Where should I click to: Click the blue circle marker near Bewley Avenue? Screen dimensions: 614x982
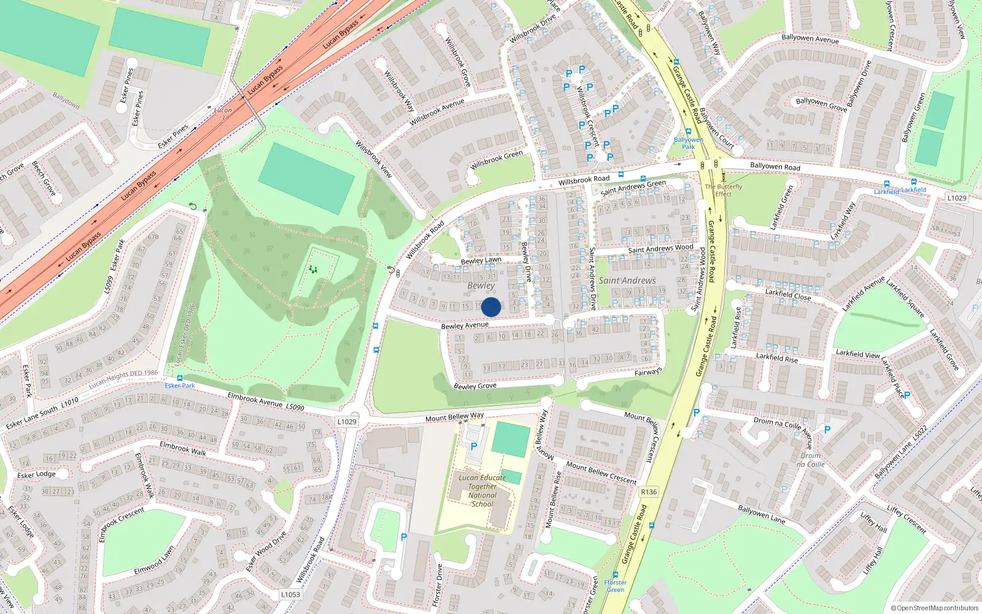(491, 307)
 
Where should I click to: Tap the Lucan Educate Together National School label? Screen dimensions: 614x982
(482, 491)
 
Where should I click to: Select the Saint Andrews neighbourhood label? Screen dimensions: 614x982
(627, 281)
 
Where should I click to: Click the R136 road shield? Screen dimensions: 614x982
(648, 492)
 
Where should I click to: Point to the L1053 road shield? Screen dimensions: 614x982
(290, 594)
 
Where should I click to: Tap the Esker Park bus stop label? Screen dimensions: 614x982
(180, 386)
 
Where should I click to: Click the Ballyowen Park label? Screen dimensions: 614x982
(689, 143)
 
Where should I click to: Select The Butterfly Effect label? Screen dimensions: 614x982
(723, 190)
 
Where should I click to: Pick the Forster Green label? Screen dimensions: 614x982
(615, 586)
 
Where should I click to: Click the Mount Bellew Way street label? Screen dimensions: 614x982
(455, 418)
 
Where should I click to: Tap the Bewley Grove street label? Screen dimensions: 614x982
(475, 386)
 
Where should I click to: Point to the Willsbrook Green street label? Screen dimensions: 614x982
(497, 160)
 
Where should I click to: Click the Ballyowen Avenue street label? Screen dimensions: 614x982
(810, 39)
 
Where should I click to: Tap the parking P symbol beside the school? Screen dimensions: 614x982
(473, 446)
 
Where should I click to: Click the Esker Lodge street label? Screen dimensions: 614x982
(36, 475)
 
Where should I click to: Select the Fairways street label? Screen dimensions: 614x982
(648, 372)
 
